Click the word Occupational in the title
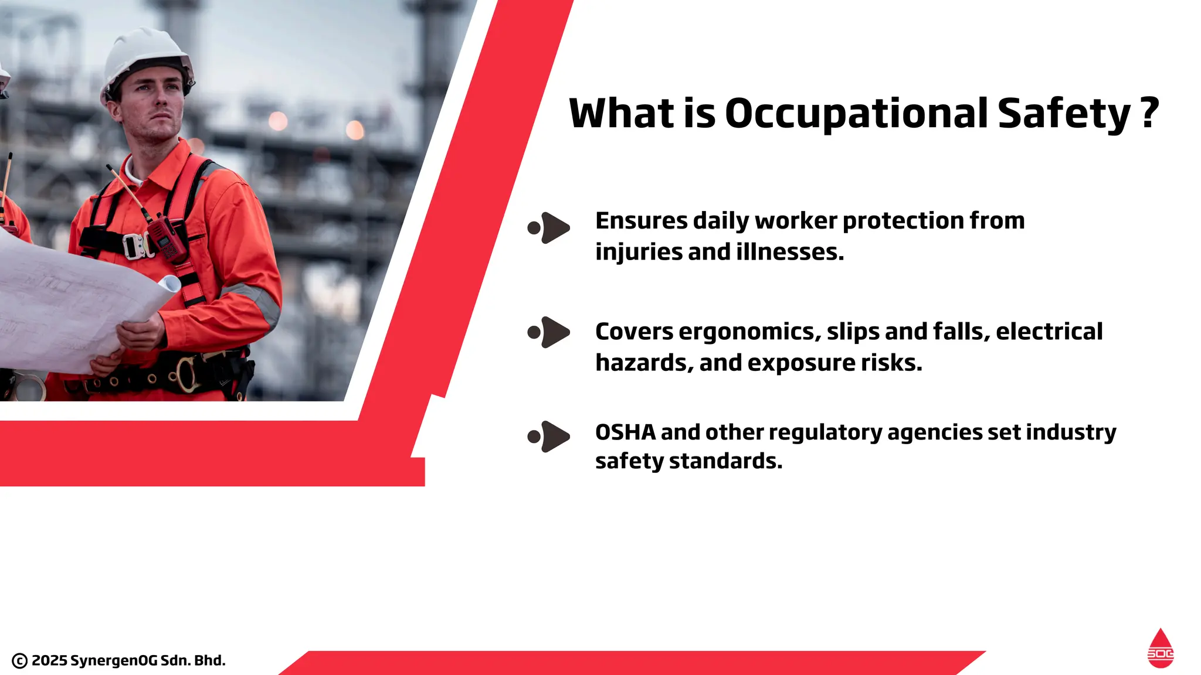pyautogui.click(x=856, y=114)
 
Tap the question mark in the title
pyautogui.click(x=1150, y=112)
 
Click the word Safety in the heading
pyautogui.click(x=1063, y=114)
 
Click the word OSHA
pyautogui.click(x=625, y=432)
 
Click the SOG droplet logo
pyautogui.click(x=1160, y=649)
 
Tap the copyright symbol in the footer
pyautogui.click(x=19, y=661)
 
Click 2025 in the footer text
pyautogui.click(x=49, y=660)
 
